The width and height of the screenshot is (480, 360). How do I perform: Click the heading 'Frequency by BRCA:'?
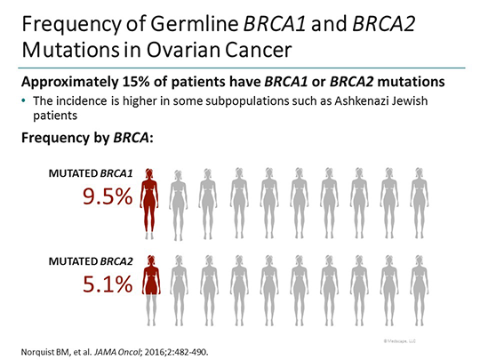click(x=80, y=138)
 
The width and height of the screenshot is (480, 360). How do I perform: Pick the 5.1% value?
click(x=108, y=284)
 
